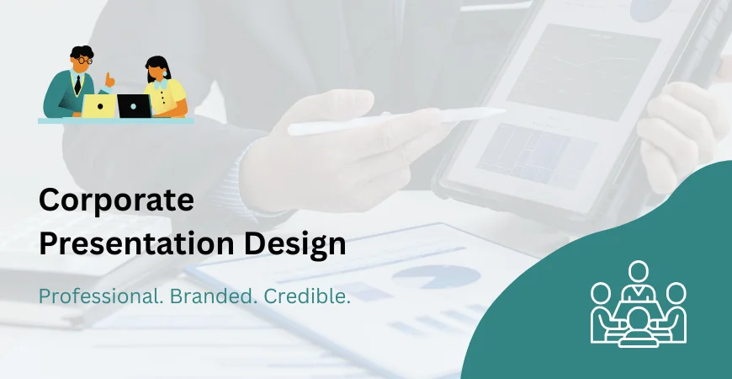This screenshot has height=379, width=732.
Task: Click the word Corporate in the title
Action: coord(116,201)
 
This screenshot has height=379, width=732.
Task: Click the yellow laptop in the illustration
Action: coord(98,106)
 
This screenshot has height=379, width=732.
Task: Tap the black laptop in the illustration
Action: coord(134,106)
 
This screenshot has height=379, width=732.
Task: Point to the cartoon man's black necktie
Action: coord(77,85)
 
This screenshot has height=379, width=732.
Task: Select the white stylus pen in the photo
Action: coord(395,120)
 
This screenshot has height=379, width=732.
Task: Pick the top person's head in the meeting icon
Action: coord(639,271)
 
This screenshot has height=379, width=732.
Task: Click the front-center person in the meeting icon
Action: coord(639,324)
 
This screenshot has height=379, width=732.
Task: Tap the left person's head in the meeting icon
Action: coord(601,293)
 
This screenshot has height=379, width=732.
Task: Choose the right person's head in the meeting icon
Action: coord(676,293)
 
